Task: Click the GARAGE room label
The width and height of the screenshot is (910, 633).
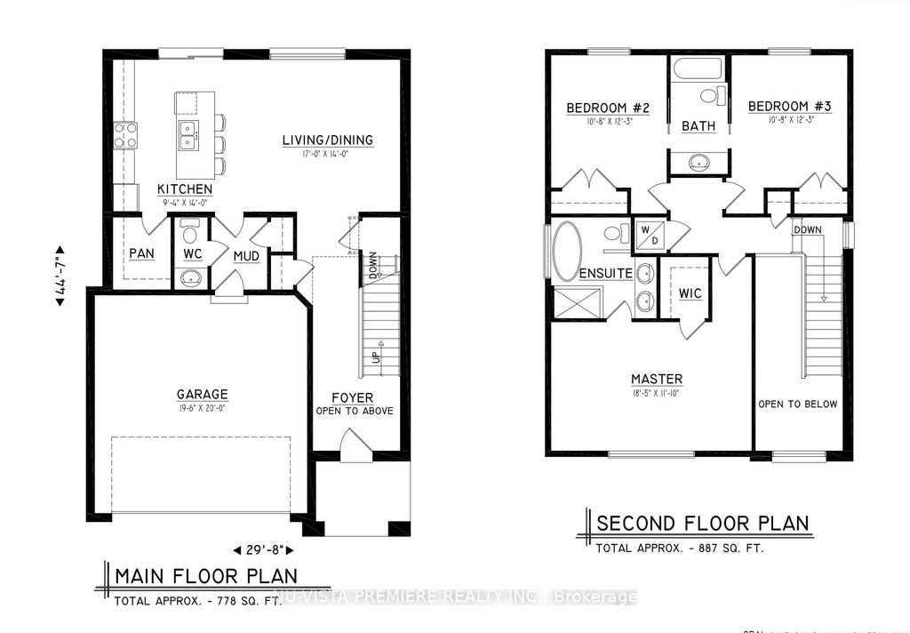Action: [202, 394]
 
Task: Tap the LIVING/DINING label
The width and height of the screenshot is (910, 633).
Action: [328, 140]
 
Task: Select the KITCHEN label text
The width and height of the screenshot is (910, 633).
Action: [185, 188]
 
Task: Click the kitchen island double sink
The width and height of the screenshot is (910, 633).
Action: [188, 136]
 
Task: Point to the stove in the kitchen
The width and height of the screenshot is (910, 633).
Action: [124, 136]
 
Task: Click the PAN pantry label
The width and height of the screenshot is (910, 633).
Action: [141, 253]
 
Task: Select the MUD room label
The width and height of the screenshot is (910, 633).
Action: [245, 257]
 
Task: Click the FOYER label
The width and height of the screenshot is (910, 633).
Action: [353, 397]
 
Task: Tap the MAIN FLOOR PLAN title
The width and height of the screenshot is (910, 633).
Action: [206, 575]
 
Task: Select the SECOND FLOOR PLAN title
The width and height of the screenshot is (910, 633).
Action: [702, 522]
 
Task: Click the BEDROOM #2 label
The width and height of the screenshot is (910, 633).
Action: [608, 108]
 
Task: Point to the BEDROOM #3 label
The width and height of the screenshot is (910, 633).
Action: [789, 107]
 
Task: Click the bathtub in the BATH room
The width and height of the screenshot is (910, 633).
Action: [698, 69]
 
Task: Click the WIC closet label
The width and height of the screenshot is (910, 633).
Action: [690, 292]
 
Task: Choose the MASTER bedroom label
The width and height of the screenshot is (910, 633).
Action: [657, 379]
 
